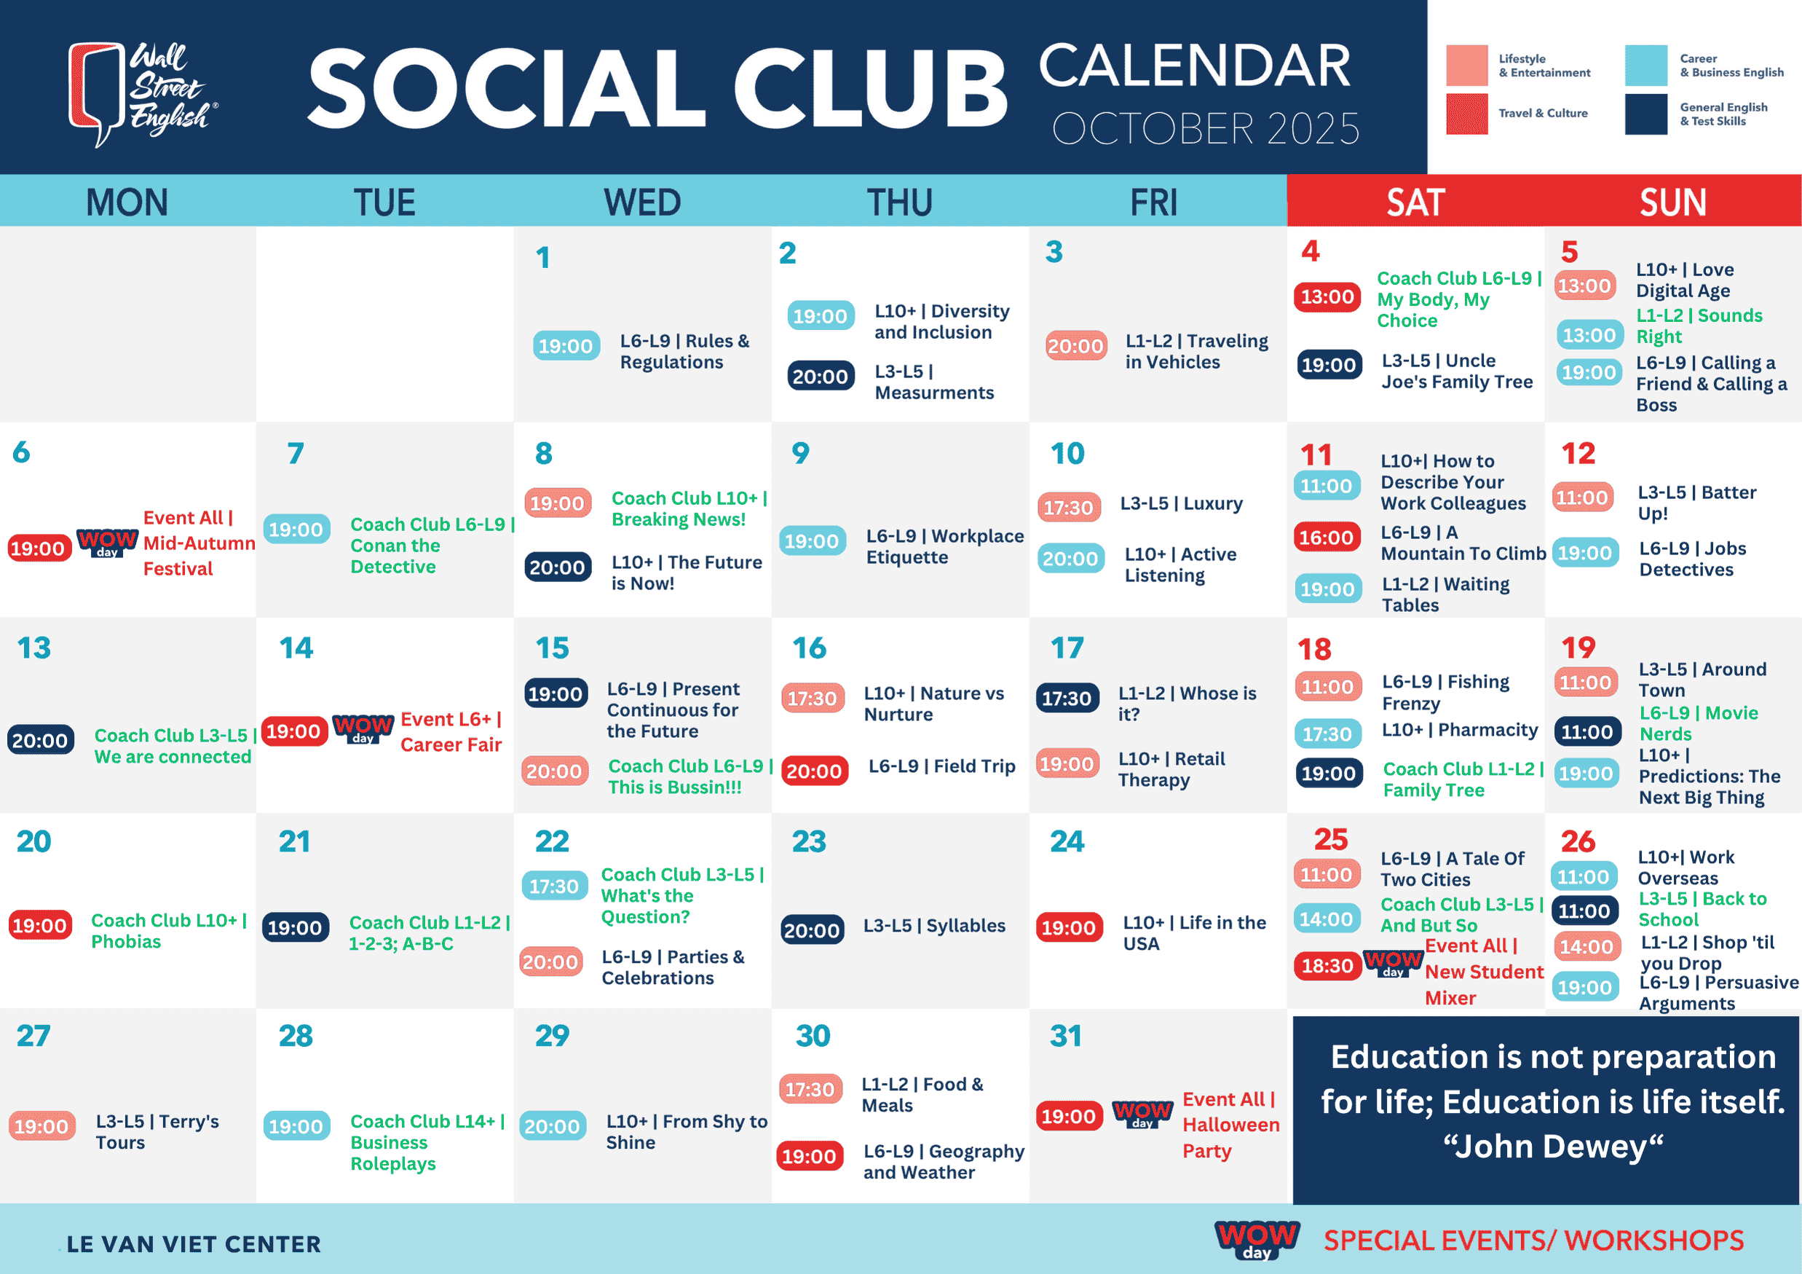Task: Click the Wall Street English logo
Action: (x=143, y=93)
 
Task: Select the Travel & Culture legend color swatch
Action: (x=1467, y=114)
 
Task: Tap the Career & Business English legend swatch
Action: (x=1645, y=65)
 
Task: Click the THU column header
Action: (x=899, y=202)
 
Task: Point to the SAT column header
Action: (x=1415, y=202)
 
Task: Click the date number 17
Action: (x=1067, y=648)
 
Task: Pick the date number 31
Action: (x=1065, y=1035)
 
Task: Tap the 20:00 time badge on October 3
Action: (x=1075, y=346)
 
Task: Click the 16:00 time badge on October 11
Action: (x=1327, y=538)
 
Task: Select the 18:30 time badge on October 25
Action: (x=1327, y=965)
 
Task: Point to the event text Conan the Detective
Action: (x=395, y=556)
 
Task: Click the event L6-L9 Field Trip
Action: (x=942, y=766)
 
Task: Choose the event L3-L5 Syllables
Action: (x=934, y=926)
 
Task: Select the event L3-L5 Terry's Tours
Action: (x=157, y=1132)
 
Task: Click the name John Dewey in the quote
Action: (x=1553, y=1147)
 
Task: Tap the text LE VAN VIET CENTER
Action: (x=194, y=1244)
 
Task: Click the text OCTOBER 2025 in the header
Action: (x=1206, y=129)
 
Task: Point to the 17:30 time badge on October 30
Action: (x=810, y=1090)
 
